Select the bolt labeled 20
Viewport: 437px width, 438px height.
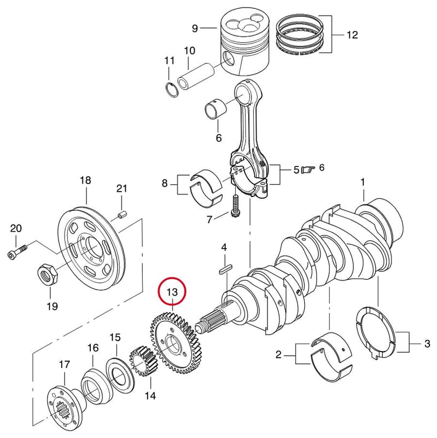click(x=17, y=252)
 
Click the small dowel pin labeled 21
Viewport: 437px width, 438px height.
click(x=122, y=215)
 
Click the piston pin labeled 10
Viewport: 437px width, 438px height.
click(x=196, y=76)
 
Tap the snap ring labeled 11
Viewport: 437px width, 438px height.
click(x=171, y=90)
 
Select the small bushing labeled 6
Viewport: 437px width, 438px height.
click(x=215, y=109)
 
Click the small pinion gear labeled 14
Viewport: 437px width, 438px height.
click(x=143, y=360)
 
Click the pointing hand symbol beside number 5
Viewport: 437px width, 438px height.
click(x=308, y=169)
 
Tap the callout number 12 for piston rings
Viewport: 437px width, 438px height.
click(x=352, y=35)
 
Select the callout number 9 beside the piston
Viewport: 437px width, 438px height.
click(x=195, y=28)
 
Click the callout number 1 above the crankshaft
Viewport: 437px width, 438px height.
click(x=363, y=182)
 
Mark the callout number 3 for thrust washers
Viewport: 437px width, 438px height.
click(x=427, y=343)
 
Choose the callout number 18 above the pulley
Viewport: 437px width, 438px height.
click(x=85, y=180)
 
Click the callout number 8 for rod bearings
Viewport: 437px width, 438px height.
click(x=165, y=183)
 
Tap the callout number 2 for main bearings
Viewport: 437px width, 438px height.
click(x=278, y=354)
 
